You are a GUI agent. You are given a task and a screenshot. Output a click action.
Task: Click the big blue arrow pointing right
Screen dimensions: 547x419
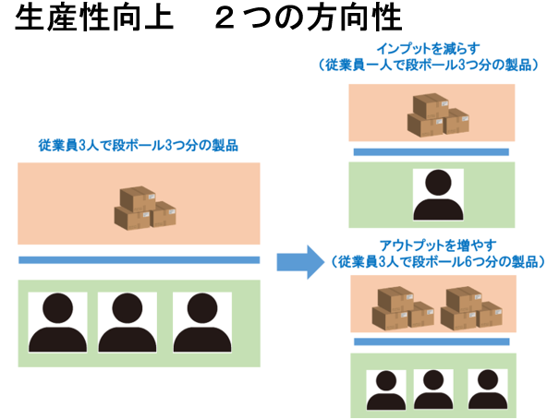coord(300,262)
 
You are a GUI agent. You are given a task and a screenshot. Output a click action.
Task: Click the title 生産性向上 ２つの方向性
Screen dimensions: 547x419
coord(209,18)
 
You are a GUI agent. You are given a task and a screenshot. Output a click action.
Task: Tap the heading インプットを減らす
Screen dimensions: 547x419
coord(428,49)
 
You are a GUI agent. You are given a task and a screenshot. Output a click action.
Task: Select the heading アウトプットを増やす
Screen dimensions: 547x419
coord(438,245)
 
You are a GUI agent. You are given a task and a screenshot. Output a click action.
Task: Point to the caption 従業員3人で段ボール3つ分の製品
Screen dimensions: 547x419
coord(139,146)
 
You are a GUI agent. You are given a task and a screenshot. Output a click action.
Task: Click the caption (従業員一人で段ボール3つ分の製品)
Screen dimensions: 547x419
coord(429,66)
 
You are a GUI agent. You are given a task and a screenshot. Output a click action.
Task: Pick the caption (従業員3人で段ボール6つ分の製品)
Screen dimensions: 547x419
coord(437,262)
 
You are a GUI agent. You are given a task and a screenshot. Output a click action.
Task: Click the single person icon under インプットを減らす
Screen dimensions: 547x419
coord(438,195)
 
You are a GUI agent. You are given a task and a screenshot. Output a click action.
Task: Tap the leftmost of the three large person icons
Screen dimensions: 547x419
coord(57,322)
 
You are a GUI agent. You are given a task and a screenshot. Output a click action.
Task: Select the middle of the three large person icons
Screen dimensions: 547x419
coord(128,322)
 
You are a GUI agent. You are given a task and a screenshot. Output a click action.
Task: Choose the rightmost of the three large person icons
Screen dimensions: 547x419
coord(202,322)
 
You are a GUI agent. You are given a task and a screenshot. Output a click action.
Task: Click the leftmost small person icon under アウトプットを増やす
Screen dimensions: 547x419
coord(386,389)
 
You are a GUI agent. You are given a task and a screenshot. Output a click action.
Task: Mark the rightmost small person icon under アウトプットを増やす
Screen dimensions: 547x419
coord(488,389)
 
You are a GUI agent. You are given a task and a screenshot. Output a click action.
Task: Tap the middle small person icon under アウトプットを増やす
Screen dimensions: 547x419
coord(433,389)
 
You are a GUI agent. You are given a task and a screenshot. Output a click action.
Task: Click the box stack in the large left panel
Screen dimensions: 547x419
coord(145,208)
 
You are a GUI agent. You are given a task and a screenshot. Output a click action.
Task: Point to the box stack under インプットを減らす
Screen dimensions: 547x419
coord(438,115)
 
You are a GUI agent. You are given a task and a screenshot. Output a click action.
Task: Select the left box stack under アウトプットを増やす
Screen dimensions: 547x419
coord(403,308)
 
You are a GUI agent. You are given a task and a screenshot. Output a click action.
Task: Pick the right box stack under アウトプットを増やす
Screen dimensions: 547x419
coord(471,308)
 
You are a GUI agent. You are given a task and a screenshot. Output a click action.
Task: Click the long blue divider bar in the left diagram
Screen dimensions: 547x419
coord(140,260)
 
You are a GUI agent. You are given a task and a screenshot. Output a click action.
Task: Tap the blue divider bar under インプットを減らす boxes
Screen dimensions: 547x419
coord(432,152)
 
